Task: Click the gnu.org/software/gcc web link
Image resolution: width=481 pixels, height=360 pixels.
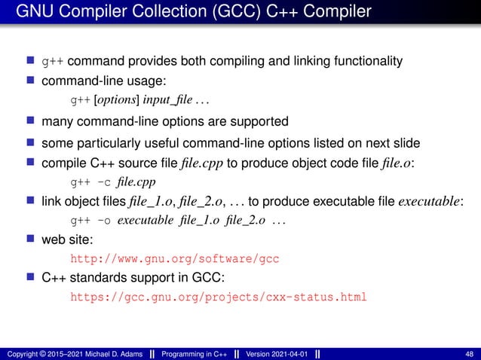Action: [x=174, y=258]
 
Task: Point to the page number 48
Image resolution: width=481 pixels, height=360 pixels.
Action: [x=470, y=354]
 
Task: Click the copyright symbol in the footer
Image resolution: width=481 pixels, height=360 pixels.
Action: [x=42, y=354]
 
